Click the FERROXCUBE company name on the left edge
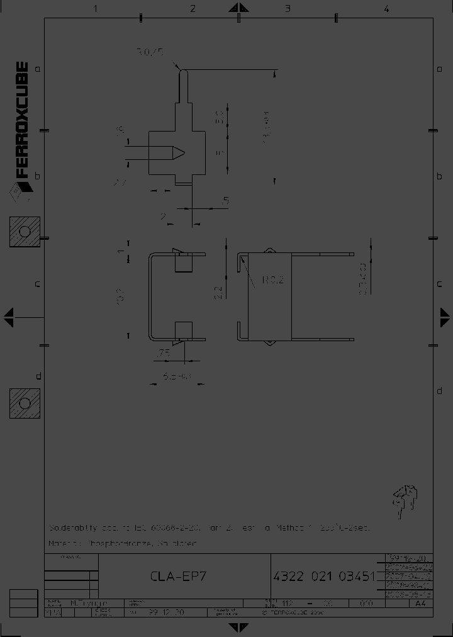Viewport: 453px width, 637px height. tap(21, 120)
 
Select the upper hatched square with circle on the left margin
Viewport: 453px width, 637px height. tap(25, 232)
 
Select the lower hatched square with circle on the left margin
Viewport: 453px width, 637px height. tap(25, 403)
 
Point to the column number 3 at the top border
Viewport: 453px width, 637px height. tap(288, 8)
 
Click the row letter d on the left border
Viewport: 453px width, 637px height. tap(38, 376)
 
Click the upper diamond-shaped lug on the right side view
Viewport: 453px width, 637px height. tap(269, 251)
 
